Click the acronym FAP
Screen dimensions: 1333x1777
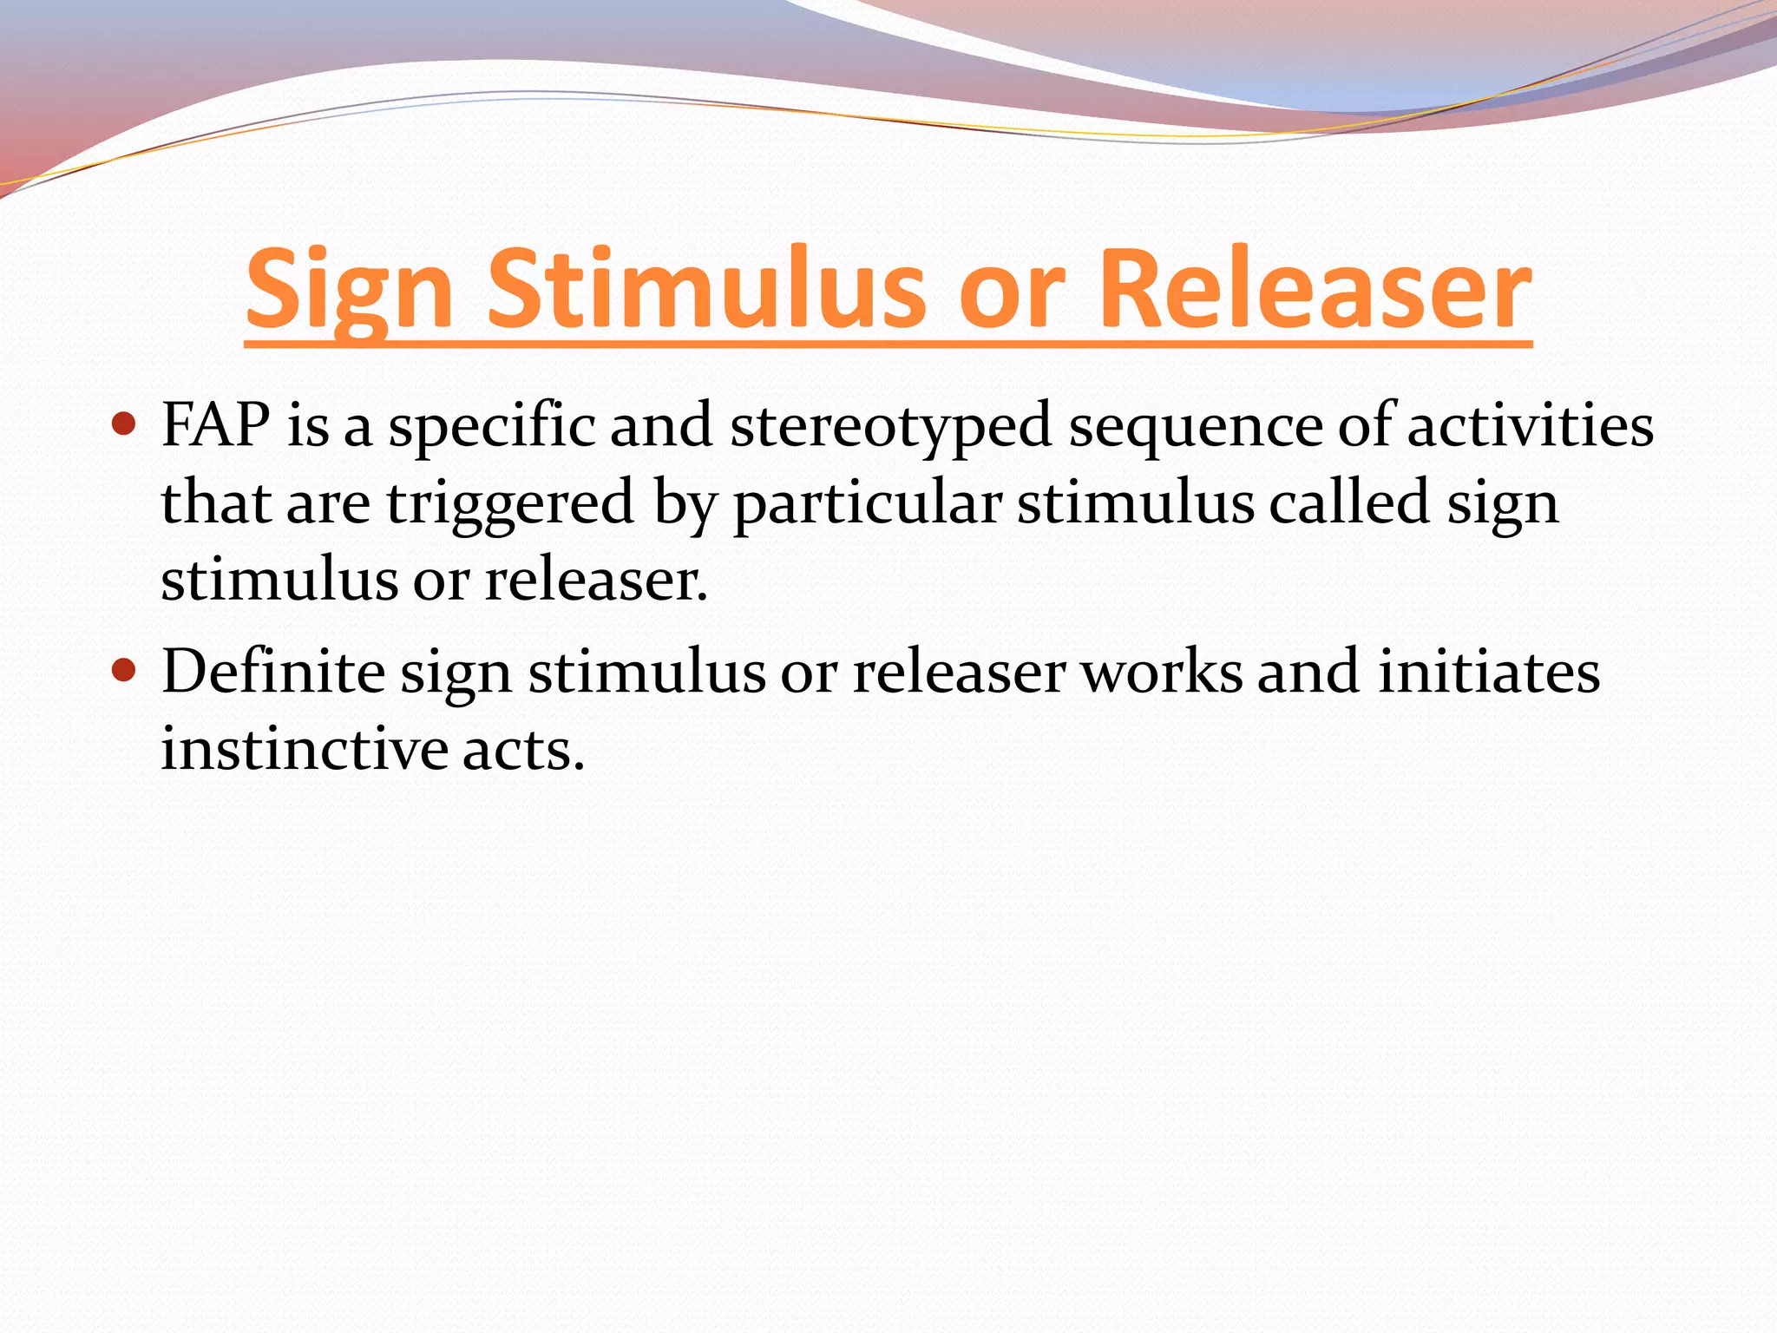coord(215,425)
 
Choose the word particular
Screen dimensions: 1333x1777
coord(868,503)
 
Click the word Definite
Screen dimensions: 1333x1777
coord(272,672)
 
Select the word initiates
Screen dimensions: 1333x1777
coord(1489,672)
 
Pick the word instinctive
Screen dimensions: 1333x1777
coord(304,748)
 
